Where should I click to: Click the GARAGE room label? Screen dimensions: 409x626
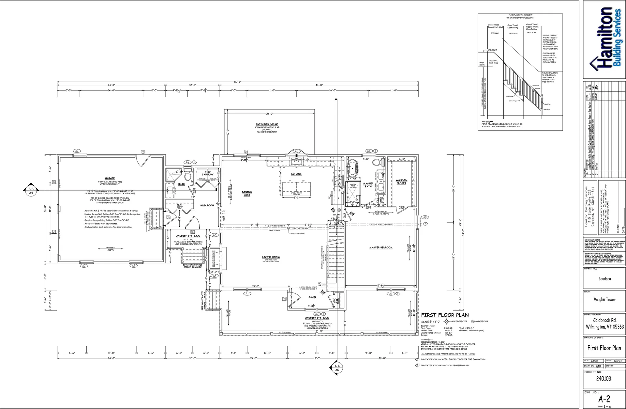tap(110, 178)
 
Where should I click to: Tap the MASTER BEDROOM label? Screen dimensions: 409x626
tap(381, 248)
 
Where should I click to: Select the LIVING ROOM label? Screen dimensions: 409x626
tap(271, 257)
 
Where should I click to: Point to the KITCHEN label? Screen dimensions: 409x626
tap(296, 174)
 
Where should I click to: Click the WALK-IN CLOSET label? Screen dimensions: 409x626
tap(401, 182)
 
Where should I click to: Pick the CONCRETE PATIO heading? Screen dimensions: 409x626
tap(267, 124)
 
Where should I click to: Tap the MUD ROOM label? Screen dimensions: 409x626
tap(207, 206)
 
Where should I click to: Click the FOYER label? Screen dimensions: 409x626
tap(312, 298)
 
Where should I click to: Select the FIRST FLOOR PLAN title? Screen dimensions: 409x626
tap(445, 315)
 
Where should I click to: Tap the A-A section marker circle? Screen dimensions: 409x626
tap(337, 368)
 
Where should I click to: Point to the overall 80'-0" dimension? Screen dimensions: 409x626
tap(237, 82)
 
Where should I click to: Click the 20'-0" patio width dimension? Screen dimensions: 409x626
tap(269, 114)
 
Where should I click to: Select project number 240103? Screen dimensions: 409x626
tap(604, 379)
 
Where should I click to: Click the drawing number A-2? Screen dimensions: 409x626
tap(604, 399)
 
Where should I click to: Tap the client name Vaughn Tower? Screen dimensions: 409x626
tap(604, 300)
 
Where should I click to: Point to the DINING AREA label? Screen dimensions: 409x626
tap(247, 194)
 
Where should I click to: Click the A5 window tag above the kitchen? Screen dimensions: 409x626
tap(296, 151)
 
